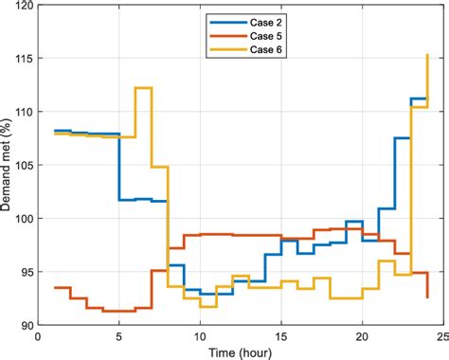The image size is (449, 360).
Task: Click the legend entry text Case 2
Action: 267,18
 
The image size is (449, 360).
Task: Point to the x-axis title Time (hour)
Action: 239,351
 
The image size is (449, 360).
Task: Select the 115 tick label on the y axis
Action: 22,59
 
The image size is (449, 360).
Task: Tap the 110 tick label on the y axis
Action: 22,112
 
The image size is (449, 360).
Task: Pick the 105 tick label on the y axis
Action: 22,166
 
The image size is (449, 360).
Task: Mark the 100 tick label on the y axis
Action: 22,219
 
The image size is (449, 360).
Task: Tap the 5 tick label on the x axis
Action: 118,335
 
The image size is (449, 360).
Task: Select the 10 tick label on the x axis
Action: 200,335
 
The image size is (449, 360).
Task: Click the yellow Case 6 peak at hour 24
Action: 427,55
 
